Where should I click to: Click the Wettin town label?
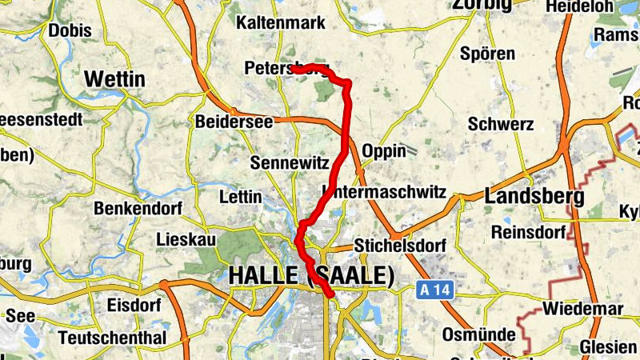tap(114, 79)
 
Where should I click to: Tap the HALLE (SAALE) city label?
tap(311, 276)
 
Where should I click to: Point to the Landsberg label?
tap(534, 196)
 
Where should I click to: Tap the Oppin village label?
tap(384, 151)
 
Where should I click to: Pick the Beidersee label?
tap(234, 122)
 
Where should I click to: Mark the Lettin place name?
tap(240, 196)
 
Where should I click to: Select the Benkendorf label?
tap(138, 209)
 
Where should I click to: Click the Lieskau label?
tap(185, 238)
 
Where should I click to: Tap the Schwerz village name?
tap(501, 124)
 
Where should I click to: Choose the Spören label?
tap(487, 54)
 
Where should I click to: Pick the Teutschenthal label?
tap(112, 338)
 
